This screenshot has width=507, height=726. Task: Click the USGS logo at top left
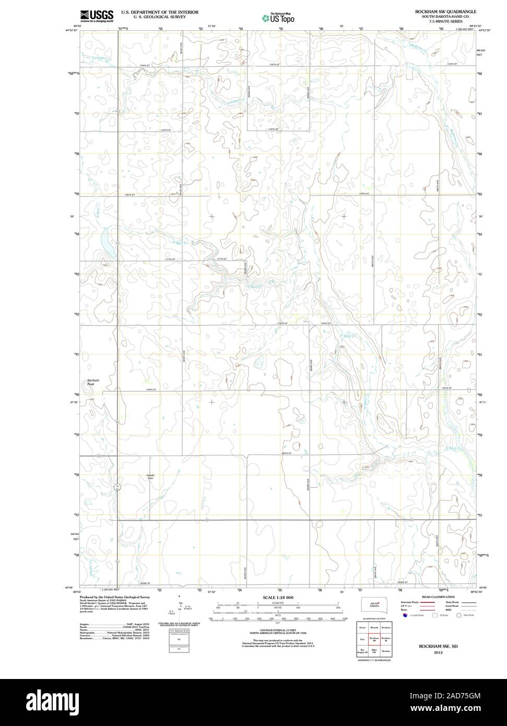pos(97,16)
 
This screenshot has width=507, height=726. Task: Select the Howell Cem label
pos(150,476)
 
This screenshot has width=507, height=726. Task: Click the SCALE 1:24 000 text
pos(278,597)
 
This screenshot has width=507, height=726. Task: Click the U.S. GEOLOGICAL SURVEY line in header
pos(160,16)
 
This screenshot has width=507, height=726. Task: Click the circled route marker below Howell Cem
pos(117,487)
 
